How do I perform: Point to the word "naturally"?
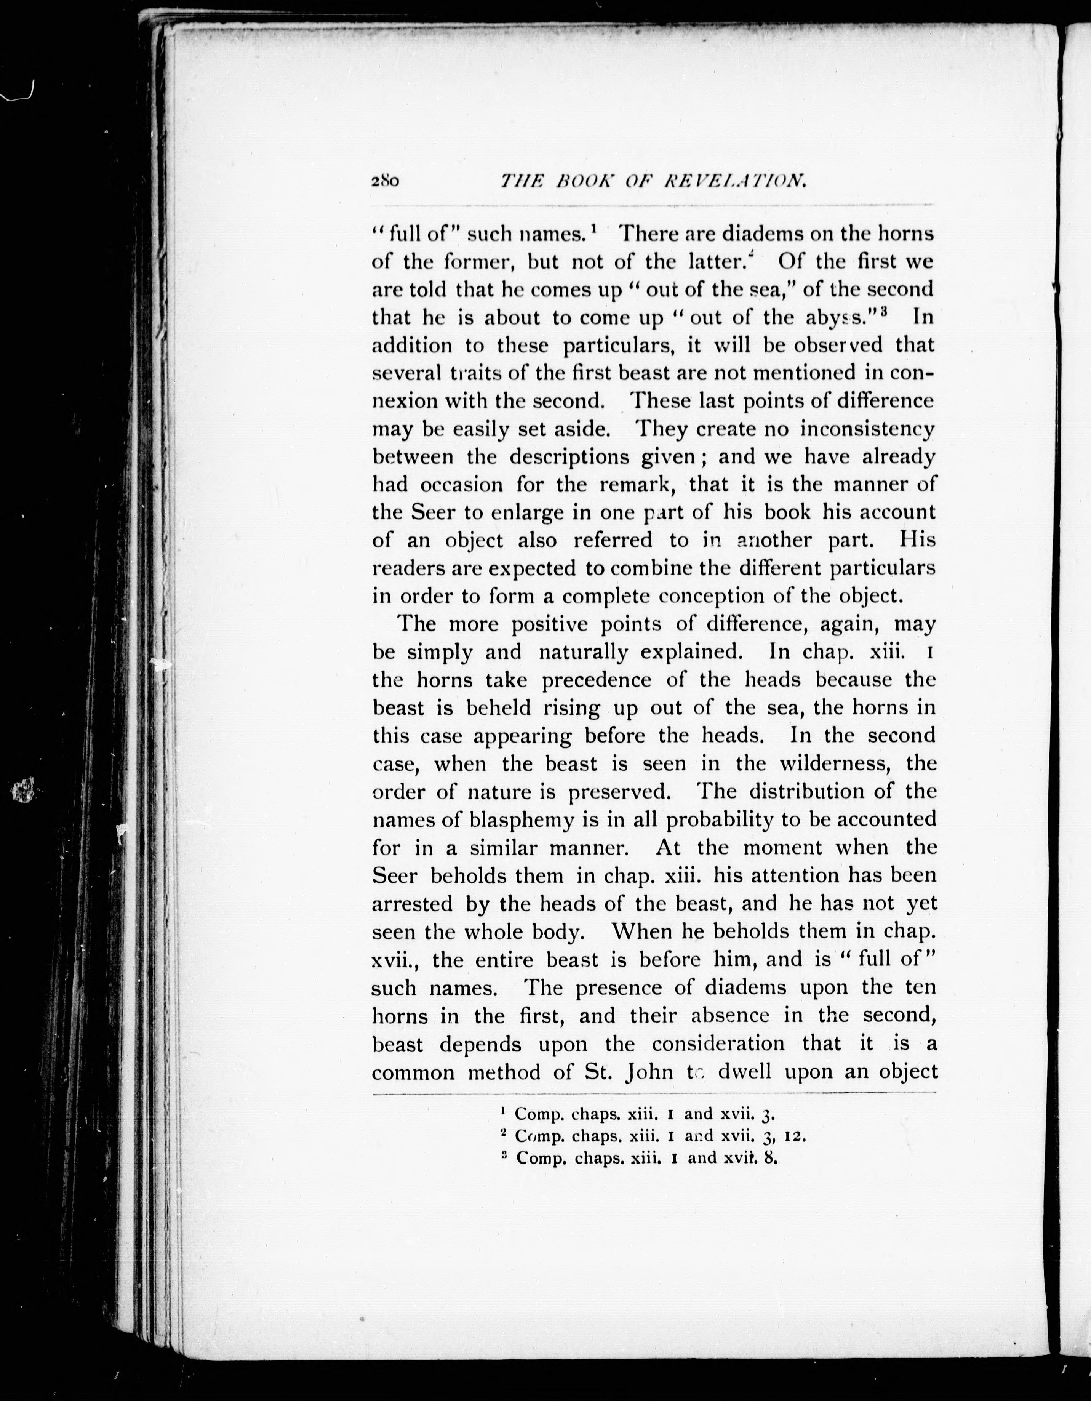[583, 652]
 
